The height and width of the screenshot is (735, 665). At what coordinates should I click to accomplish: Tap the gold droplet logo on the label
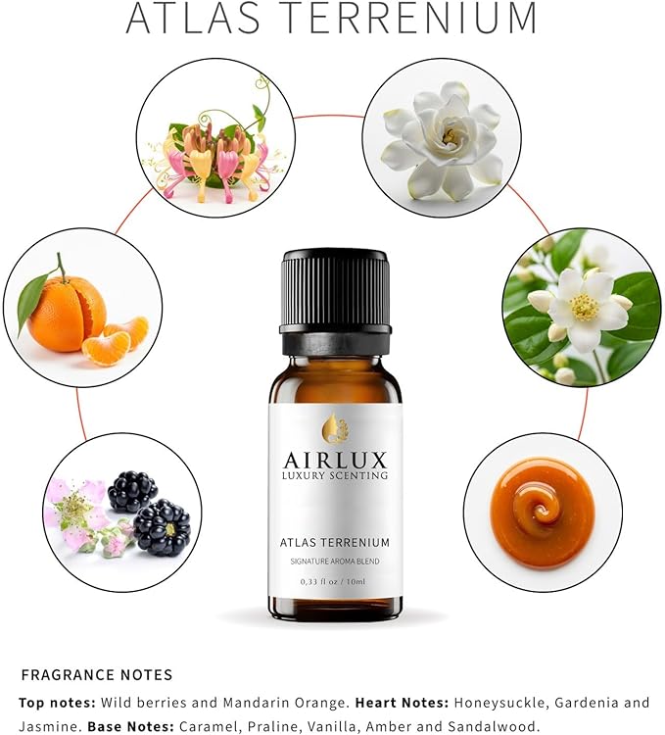click(335, 428)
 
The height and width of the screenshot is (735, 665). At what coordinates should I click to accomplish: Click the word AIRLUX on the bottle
click(335, 460)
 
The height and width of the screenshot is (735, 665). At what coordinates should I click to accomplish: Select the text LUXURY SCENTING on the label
click(335, 476)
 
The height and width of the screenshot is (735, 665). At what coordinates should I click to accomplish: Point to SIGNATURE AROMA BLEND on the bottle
click(335, 560)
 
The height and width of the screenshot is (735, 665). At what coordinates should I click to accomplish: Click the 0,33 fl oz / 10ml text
click(335, 581)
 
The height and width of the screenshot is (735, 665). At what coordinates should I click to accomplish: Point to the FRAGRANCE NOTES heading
click(97, 674)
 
